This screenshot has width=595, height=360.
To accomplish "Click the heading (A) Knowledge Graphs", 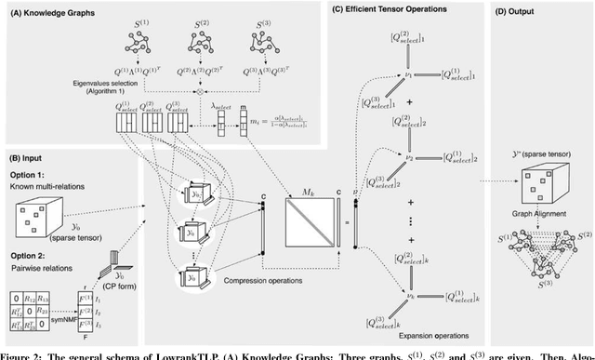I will pos(55,10).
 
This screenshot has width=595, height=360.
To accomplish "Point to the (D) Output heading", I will pos(522,10).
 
